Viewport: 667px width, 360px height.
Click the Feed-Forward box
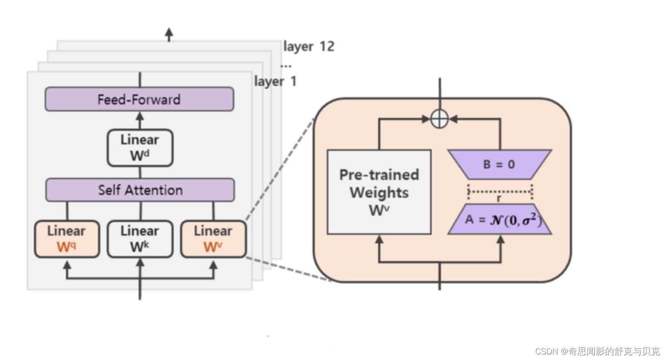point(139,99)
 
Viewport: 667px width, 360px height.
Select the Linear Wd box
point(140,147)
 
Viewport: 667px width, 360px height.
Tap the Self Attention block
point(140,190)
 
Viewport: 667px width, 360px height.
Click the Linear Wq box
point(67,239)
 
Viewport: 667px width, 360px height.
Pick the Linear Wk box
point(140,239)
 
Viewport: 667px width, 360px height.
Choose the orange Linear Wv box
point(213,239)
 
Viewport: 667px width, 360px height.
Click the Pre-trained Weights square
point(379,192)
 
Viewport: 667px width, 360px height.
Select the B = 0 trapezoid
point(499,164)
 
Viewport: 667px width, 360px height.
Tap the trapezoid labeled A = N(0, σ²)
point(500,219)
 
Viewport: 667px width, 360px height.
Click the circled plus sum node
point(440,119)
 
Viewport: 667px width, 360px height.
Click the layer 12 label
point(309,46)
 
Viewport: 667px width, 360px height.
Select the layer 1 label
point(276,82)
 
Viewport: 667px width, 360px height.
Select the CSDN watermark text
point(597,351)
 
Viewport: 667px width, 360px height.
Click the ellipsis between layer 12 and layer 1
point(286,66)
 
